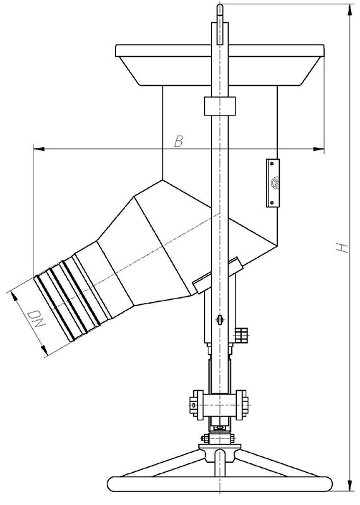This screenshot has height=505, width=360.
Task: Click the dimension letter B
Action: tap(179, 141)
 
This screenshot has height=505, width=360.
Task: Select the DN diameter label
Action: tap(35, 319)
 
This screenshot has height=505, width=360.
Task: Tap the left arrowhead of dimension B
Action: tap(39, 149)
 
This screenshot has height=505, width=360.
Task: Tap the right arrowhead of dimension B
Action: tap(319, 149)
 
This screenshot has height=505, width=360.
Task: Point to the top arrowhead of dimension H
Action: tap(349, 10)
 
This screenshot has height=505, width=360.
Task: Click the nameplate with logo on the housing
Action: tap(273, 182)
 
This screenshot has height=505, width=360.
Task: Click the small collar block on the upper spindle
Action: tap(220, 106)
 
